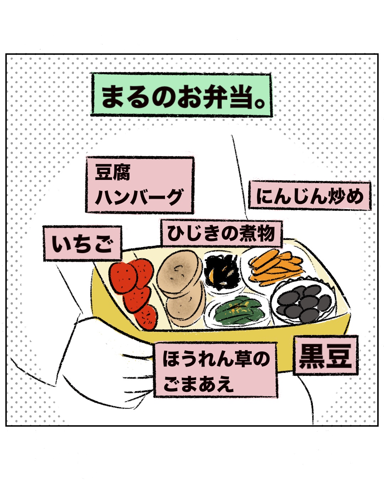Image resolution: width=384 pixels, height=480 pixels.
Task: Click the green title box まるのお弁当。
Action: coord(181,95)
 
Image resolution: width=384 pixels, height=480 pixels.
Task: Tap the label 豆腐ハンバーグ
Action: coord(139,185)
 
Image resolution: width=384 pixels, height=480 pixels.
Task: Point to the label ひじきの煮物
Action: coord(221,234)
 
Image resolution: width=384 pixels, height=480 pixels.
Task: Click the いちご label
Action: coord(82,244)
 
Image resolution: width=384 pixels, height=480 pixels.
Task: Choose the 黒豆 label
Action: coord(325,356)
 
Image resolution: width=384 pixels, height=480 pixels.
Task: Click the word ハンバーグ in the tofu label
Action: coord(139,197)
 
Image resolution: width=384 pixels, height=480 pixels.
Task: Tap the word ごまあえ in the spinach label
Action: coord(198,384)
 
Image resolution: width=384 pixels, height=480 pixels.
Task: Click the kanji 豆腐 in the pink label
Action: coord(113,172)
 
